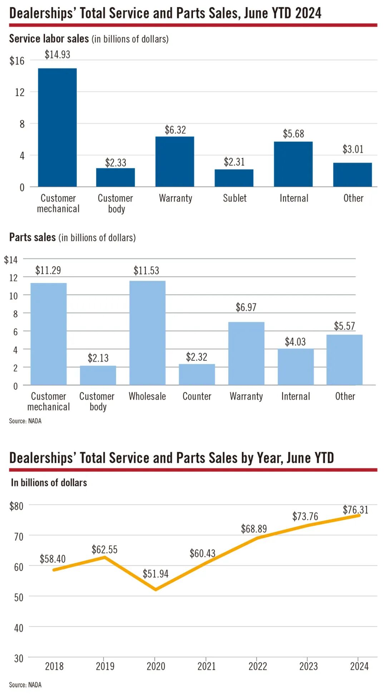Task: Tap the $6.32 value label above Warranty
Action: tap(175, 130)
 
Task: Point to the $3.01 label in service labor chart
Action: tap(353, 149)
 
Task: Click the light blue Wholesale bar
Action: tap(147, 333)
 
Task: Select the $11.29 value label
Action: tap(48, 270)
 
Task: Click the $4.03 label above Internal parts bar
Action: tap(295, 342)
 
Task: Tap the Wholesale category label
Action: tap(147, 396)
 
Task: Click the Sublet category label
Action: tap(235, 198)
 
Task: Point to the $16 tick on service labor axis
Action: tap(17, 61)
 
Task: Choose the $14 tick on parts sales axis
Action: tap(11, 260)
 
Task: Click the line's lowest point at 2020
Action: tap(155, 589)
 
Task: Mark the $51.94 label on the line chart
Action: tap(155, 574)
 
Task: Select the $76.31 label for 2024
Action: tap(355, 510)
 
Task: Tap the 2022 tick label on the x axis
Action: tap(257, 666)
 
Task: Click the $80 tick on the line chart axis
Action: tap(16, 506)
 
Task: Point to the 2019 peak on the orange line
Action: tap(104, 557)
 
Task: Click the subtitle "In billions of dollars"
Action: tap(49, 483)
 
